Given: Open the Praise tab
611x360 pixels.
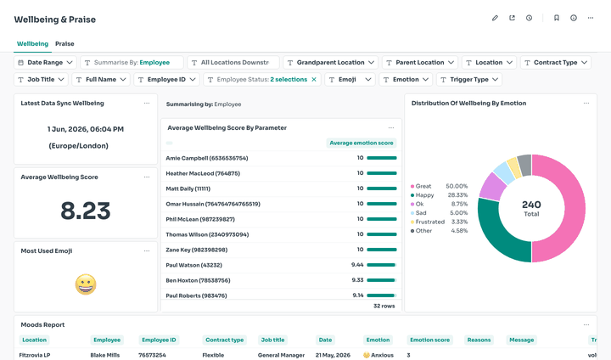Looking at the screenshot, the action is click(x=64, y=43).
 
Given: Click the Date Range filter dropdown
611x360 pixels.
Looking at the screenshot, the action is click(x=46, y=62).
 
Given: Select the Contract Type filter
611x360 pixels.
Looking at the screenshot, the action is click(x=555, y=62).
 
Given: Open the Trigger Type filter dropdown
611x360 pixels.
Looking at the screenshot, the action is click(x=469, y=80).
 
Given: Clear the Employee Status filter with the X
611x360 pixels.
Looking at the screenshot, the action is click(x=314, y=80).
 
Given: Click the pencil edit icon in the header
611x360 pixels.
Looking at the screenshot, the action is click(x=495, y=18).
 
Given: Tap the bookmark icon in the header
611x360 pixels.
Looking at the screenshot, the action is click(x=557, y=18).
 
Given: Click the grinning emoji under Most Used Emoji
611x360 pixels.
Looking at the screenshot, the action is click(x=86, y=284).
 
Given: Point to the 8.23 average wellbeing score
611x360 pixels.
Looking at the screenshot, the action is click(x=86, y=211).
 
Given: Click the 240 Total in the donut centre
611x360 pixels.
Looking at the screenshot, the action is click(x=531, y=208).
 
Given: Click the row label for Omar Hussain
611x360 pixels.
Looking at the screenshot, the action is click(x=213, y=204).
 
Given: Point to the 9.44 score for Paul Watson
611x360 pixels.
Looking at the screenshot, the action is click(x=357, y=265).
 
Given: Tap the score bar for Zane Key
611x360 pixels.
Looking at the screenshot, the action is click(x=382, y=250).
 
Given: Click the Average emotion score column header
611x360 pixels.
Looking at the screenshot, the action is click(x=362, y=143).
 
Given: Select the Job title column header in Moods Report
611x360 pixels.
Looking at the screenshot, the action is click(x=272, y=340).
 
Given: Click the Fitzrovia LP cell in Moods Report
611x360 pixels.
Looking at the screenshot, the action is click(x=35, y=355).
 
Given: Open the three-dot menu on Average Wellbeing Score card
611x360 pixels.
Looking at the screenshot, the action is click(x=147, y=177).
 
